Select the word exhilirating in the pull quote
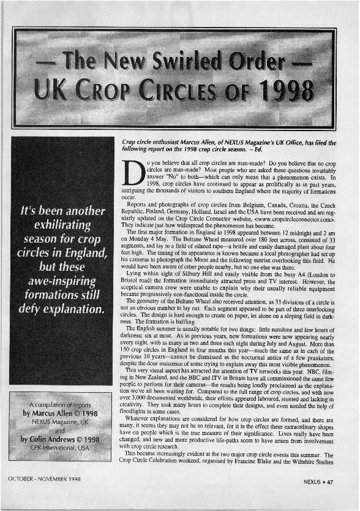point(63,225)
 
